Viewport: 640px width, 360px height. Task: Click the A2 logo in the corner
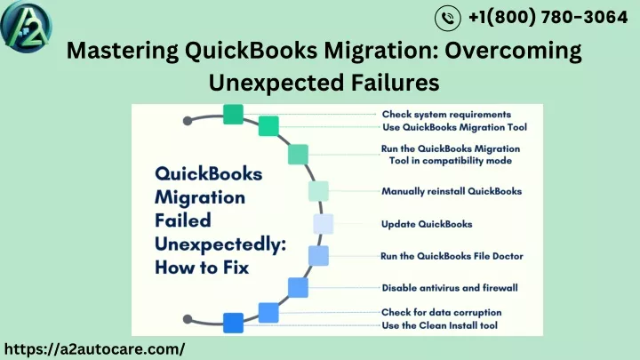click(x=26, y=26)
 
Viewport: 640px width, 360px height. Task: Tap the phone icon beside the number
click(x=448, y=18)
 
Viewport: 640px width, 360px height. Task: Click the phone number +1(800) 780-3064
click(x=548, y=17)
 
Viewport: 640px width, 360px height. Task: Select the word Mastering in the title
click(x=123, y=52)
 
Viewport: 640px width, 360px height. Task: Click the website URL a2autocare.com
click(x=94, y=349)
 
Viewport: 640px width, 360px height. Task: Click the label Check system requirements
click(x=446, y=115)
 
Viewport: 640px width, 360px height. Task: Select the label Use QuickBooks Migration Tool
click(x=454, y=127)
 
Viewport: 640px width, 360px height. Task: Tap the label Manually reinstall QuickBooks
click(x=452, y=191)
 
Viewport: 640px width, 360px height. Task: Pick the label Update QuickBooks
click(x=427, y=224)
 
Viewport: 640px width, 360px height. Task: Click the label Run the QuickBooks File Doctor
click(x=452, y=256)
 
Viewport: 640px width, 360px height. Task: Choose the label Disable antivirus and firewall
click(x=450, y=288)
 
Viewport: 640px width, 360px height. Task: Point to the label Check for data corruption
click(x=441, y=312)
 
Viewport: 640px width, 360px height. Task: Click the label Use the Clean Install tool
click(x=439, y=325)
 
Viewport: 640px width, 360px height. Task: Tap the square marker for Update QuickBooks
click(x=324, y=224)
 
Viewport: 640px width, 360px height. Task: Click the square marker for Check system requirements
click(x=233, y=115)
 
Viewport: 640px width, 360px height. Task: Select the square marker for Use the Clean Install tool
click(x=233, y=323)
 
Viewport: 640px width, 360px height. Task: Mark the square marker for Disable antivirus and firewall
click(x=298, y=287)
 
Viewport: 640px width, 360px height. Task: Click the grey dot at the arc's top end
click(x=188, y=121)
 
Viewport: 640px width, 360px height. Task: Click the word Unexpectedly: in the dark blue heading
click(x=220, y=244)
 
